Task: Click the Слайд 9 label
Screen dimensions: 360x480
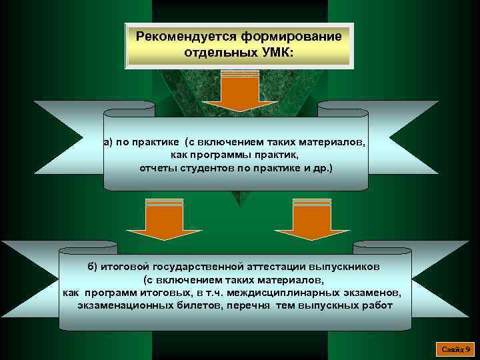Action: coord(457,349)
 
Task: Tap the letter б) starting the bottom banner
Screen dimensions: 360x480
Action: coord(91,267)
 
